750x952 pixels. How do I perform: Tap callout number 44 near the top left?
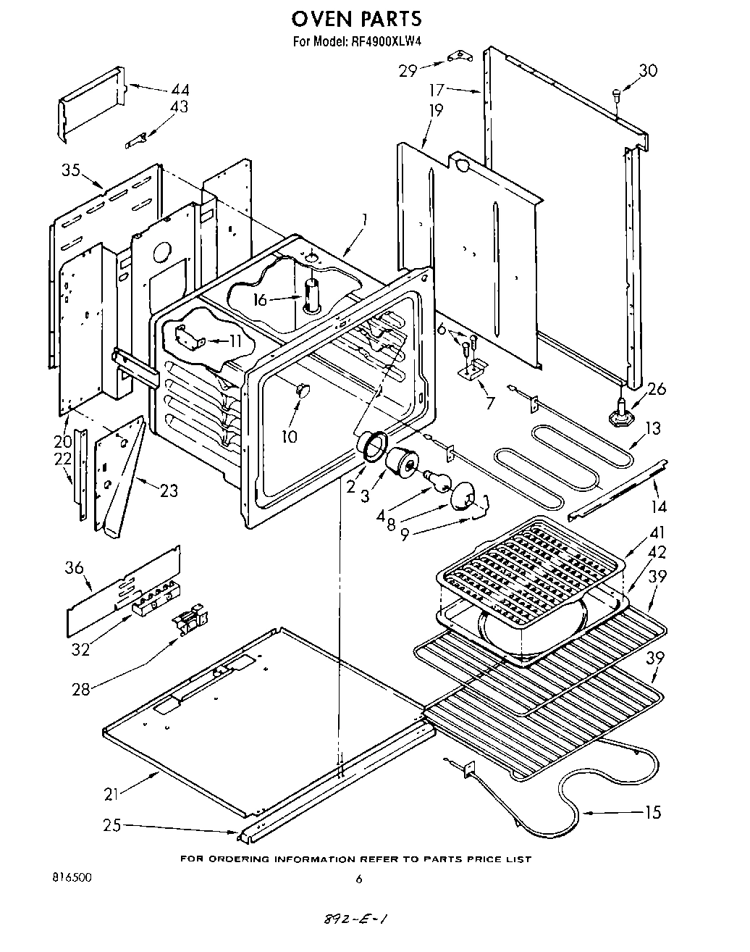[180, 90]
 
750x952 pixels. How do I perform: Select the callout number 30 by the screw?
[648, 70]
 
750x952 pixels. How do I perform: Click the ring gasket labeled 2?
[371, 444]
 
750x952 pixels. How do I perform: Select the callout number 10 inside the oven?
[290, 436]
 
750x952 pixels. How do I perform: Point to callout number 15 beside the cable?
[652, 811]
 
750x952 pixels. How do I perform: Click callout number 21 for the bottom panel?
[111, 794]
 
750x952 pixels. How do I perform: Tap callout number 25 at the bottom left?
[111, 824]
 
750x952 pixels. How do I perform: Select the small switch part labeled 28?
[191, 622]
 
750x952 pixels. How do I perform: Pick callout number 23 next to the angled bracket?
[168, 490]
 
